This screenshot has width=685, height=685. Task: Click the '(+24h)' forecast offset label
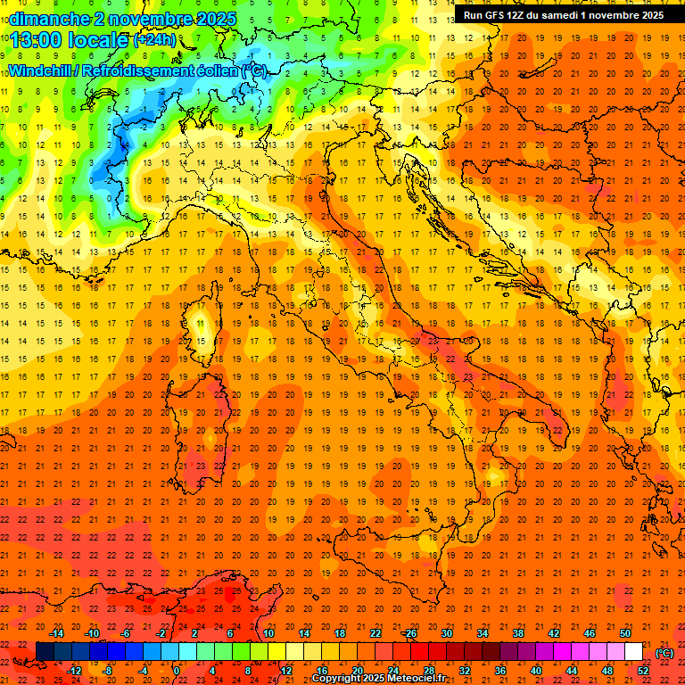[x=153, y=40]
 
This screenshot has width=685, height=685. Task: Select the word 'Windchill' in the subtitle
[x=43, y=70]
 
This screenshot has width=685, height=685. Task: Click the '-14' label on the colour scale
[x=56, y=633]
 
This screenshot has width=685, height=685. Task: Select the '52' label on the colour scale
[x=643, y=671]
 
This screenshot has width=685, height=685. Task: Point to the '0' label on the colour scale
[x=177, y=671]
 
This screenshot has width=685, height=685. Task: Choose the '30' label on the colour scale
[x=446, y=633]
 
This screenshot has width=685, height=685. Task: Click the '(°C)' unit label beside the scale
[x=664, y=652]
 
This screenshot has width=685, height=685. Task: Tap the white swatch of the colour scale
[x=633, y=652]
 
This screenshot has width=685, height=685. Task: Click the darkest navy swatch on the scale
[x=45, y=652]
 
